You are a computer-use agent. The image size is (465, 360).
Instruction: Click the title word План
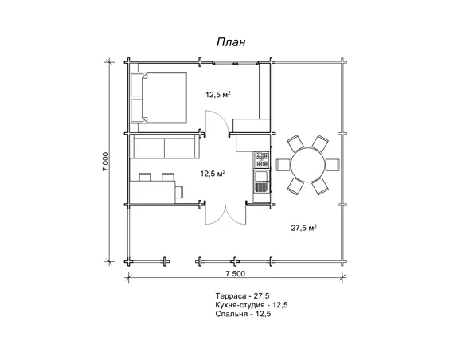pos(231,42)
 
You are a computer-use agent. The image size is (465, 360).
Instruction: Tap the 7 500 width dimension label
pos(236,274)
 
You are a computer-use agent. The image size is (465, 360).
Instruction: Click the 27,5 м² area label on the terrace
pos(304,228)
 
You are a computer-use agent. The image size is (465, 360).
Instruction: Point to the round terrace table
pos(307,165)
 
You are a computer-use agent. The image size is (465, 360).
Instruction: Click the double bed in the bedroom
pos(158,97)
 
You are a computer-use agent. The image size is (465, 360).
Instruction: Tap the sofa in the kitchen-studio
pos(166,147)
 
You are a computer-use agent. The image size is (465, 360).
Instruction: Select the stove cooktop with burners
pos(262,159)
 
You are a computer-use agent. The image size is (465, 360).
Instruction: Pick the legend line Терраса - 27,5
pos(242,296)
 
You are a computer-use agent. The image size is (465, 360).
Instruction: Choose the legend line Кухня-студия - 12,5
pos(252,305)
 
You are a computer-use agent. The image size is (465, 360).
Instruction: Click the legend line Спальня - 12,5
pos(243,314)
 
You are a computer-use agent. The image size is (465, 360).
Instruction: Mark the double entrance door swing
pos(225,214)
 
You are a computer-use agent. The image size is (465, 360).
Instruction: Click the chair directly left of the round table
pos(283,165)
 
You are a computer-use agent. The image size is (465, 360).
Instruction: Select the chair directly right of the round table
pos(333,165)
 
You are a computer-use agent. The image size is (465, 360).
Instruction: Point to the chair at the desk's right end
pos(179,192)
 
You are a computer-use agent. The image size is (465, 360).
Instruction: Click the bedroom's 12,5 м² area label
pos(218,95)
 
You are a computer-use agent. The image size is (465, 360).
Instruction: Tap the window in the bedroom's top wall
pos(235,63)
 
